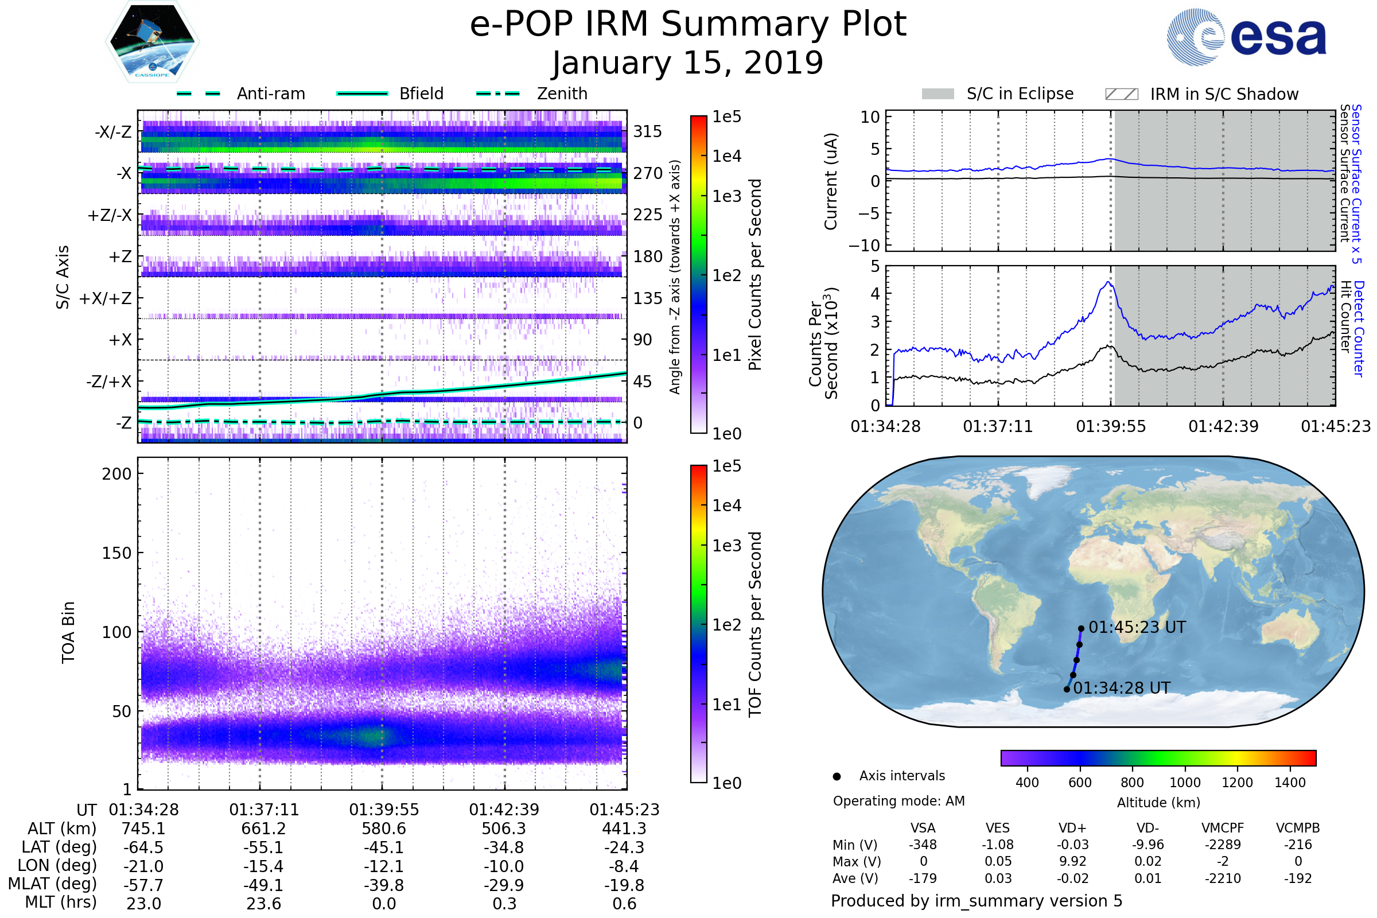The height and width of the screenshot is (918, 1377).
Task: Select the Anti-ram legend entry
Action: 270,94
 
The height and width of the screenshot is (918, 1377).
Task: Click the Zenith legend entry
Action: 562,94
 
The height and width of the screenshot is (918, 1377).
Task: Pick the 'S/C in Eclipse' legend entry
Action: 1020,94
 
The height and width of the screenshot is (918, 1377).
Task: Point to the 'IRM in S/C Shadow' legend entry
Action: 1224,94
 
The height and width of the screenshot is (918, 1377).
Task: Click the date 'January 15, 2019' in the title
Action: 687,63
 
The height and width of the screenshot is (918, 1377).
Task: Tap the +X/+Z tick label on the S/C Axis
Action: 106,298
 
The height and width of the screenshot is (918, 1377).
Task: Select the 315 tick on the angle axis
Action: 648,131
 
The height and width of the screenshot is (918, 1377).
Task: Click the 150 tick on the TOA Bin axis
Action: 116,553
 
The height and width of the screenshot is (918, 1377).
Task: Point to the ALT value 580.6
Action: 383,829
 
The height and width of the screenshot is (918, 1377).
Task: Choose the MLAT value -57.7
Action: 143,885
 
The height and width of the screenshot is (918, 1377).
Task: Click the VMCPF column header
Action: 1222,828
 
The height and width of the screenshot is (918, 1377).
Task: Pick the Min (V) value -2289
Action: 1222,845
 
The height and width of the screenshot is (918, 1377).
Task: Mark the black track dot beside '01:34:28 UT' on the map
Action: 1067,689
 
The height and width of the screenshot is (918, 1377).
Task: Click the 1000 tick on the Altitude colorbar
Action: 1184,783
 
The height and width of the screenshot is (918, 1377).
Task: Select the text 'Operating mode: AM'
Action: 898,801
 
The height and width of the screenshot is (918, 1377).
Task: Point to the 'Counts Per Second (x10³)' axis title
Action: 823,344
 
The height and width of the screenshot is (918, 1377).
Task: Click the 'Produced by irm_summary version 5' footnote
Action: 976,901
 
